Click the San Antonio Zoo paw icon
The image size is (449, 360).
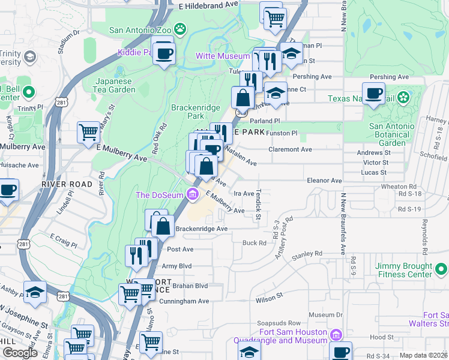pyautogui.click(x=179, y=28)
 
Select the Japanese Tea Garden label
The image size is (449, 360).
pyautogui.click(x=116, y=86)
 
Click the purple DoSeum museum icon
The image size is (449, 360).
pyautogui.click(x=192, y=194)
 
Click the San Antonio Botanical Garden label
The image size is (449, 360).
pyautogui.click(x=391, y=134)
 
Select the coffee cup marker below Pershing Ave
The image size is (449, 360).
pyautogui.click(x=374, y=93)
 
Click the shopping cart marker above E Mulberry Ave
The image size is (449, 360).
pyautogui.click(x=89, y=131)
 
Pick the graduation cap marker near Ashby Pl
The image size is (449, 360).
pyautogui.click(x=35, y=292)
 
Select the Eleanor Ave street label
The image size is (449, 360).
pyautogui.click(x=324, y=180)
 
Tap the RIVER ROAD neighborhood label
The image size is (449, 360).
pyautogui.click(x=67, y=184)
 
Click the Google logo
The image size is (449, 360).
pyautogui.click(x=20, y=353)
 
